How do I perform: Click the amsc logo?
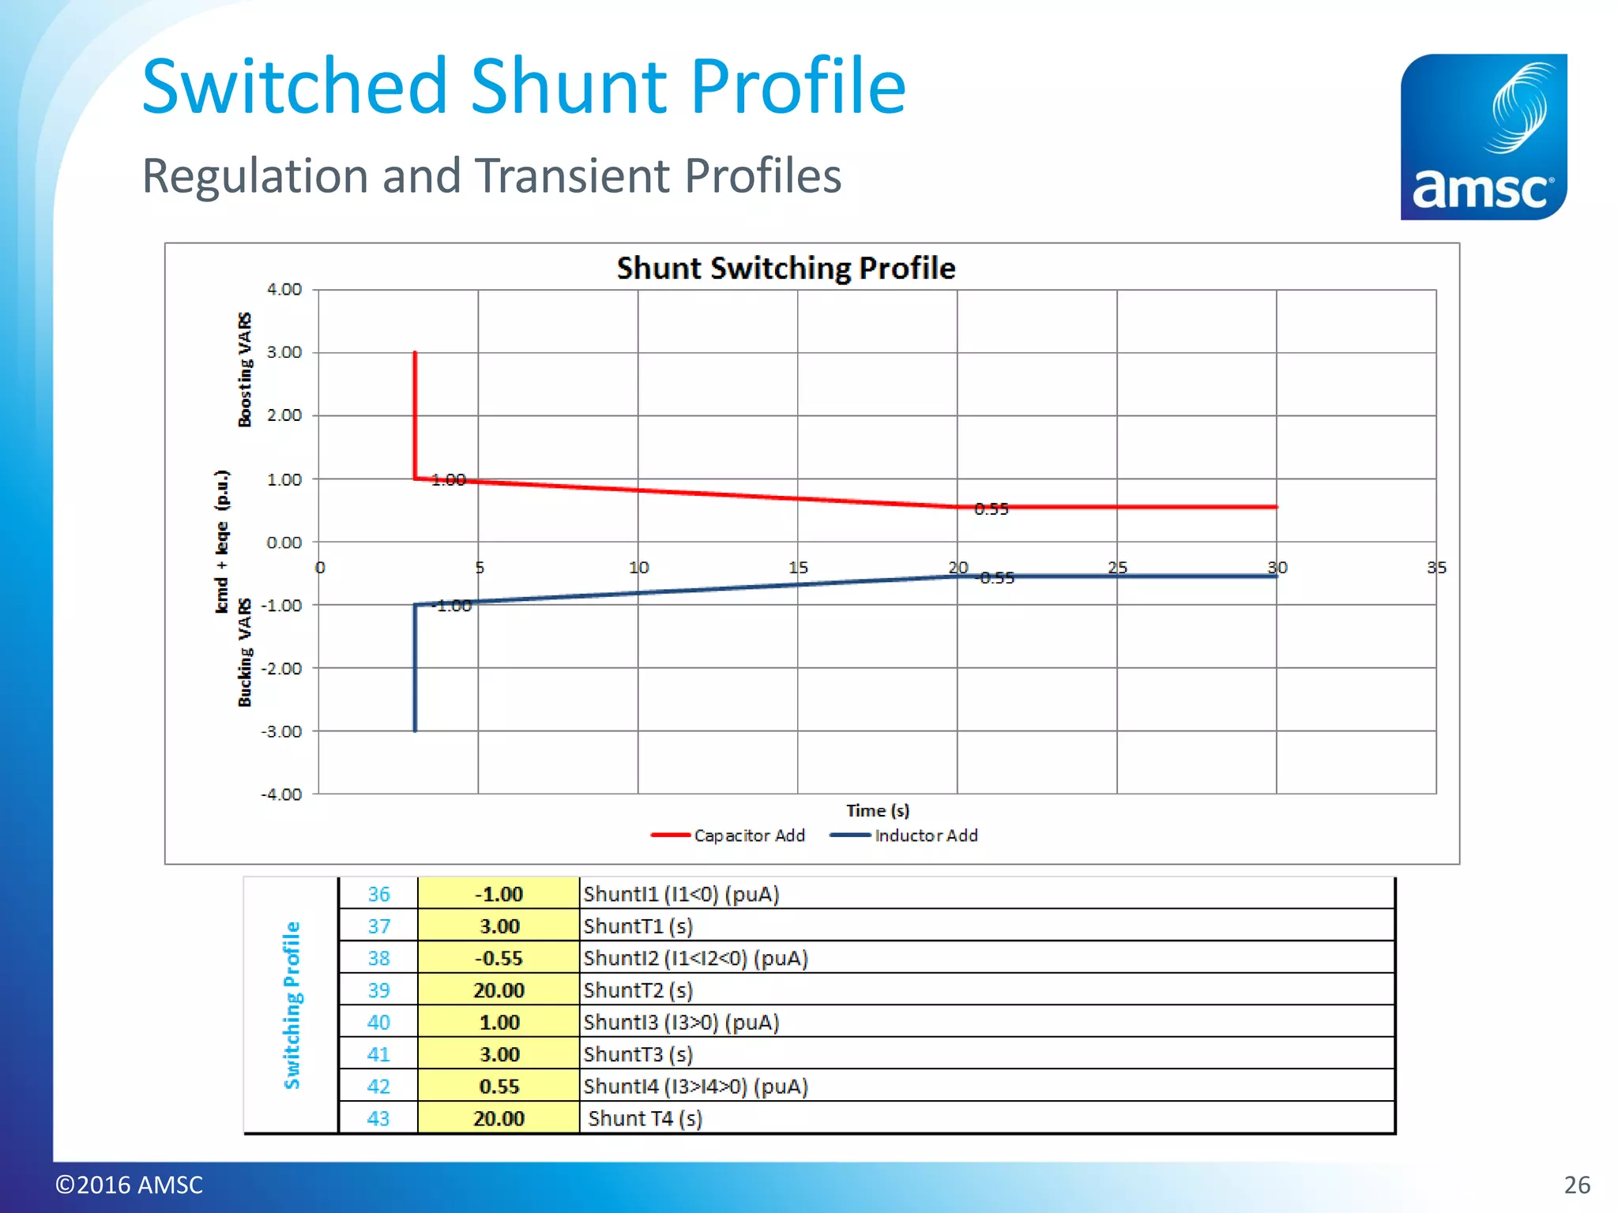coord(1483,137)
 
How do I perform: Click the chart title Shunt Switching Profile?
coord(785,269)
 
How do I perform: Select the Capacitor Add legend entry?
coord(728,836)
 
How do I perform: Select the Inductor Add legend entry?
coord(905,836)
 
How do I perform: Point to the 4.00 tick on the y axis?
coord(284,290)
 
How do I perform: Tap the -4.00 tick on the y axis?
coord(282,794)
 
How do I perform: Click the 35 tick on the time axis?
coord(1436,568)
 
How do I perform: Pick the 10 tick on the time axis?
coord(638,568)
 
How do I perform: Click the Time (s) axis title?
coord(878,811)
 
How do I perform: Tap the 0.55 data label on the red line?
coord(991,509)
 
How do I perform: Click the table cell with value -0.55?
coord(499,959)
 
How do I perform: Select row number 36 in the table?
coord(378,895)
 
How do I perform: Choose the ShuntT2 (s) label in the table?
coord(638,990)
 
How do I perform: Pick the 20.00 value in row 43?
coord(499,1119)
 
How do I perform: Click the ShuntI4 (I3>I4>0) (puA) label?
coord(695,1087)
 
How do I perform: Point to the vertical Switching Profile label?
coord(292,1005)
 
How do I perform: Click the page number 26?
coord(1576,1185)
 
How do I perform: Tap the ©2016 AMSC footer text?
coord(129,1185)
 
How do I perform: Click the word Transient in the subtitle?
coord(573,175)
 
